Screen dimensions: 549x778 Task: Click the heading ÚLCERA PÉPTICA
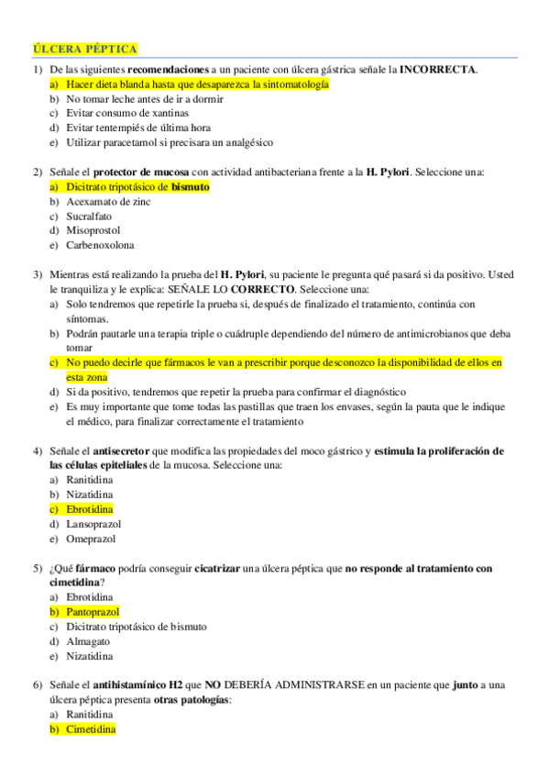[85, 49]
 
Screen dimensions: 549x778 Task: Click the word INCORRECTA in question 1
[438, 69]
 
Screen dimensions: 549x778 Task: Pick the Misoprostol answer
[93, 230]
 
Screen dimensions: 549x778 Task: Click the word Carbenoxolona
[100, 245]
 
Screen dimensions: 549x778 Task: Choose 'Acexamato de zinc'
[108, 201]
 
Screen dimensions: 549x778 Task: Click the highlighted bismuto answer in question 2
[137, 186]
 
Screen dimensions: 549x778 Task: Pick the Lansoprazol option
[95, 524]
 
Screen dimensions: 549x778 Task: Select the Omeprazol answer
[91, 539]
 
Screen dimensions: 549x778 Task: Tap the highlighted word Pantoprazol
[93, 612]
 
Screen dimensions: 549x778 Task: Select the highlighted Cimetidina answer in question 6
[91, 729]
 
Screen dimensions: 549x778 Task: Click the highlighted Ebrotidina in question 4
[90, 509]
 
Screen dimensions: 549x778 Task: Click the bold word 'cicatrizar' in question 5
[221, 568]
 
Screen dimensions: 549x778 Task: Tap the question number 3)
[38, 274]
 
